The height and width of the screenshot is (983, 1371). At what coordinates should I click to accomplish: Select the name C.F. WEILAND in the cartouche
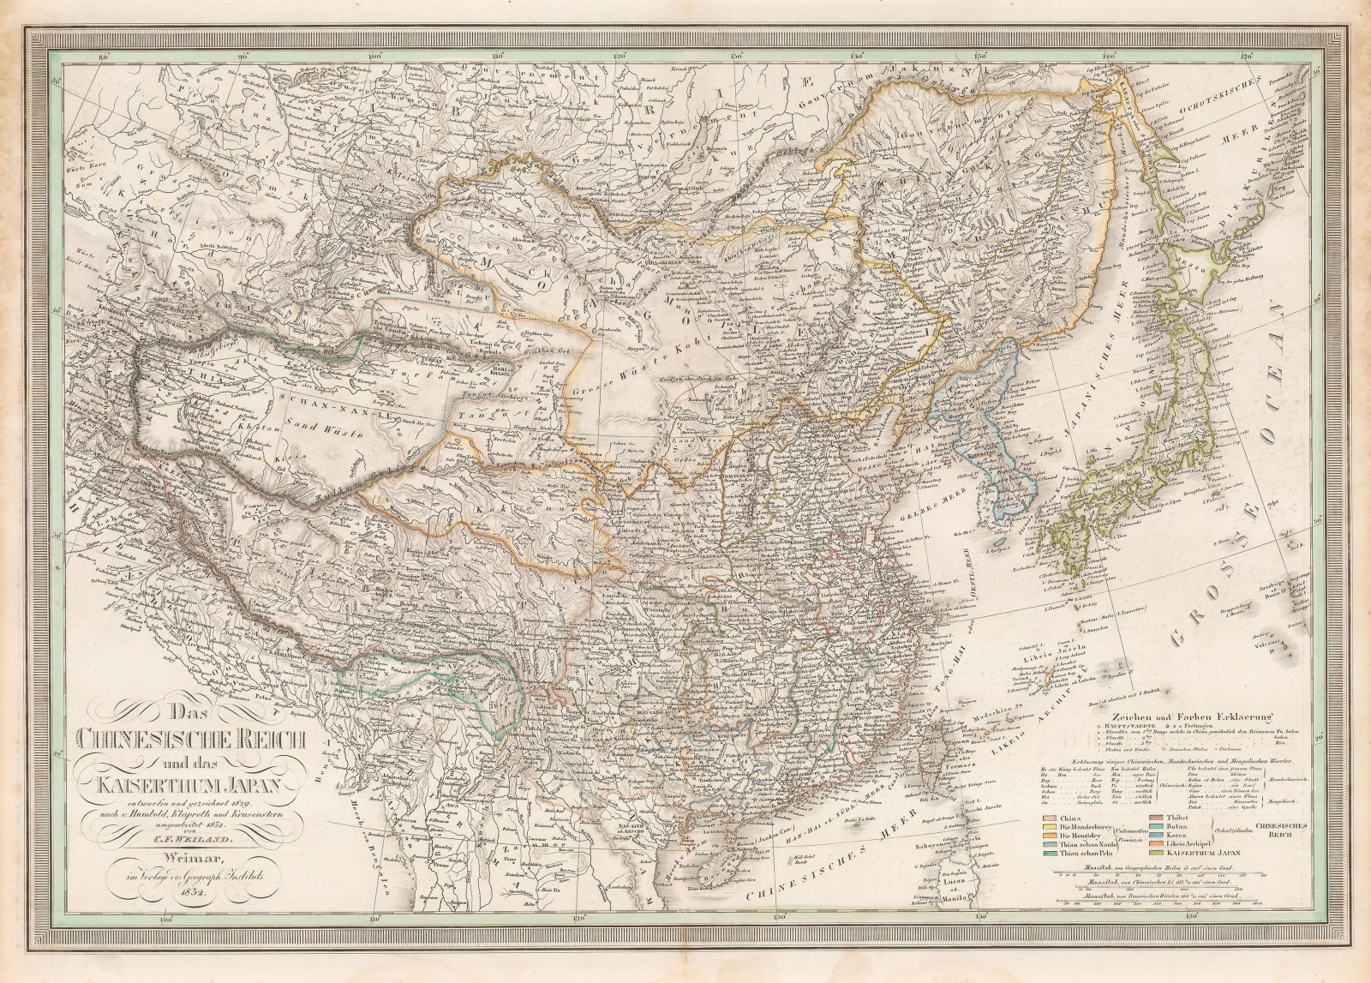tap(196, 841)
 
